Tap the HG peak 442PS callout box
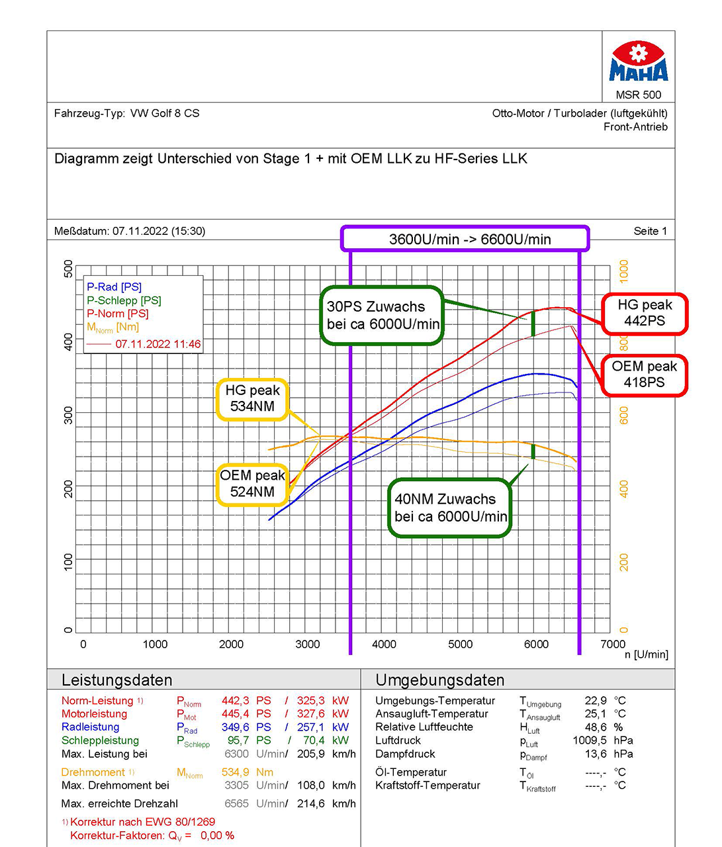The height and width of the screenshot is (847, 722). [645, 313]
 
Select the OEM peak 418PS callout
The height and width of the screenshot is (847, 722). [644, 375]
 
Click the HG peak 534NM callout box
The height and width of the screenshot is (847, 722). [252, 399]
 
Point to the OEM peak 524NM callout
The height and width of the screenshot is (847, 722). [252, 484]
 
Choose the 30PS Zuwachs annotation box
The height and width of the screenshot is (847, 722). [382, 316]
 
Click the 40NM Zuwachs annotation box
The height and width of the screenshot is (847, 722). [451, 508]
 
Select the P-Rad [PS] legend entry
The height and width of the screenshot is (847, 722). [114, 287]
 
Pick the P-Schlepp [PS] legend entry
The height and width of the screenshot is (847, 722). [124, 300]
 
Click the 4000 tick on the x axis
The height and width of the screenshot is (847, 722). [384, 644]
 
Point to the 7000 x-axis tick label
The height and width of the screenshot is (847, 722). [612, 644]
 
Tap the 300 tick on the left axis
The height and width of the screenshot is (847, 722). [68, 415]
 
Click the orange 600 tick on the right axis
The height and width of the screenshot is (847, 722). [623, 415]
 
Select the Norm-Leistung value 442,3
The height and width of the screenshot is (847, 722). [235, 700]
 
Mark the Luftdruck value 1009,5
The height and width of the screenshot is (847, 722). [590, 740]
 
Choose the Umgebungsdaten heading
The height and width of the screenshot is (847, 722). [439, 680]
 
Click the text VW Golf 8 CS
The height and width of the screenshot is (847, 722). [165, 113]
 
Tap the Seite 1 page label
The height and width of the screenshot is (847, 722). [650, 231]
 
